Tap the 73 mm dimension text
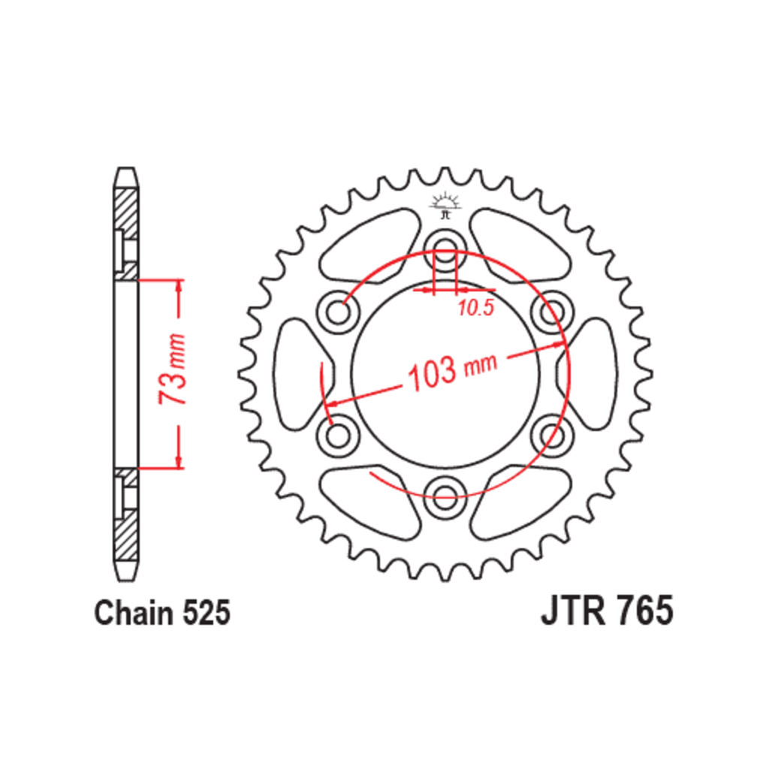(x=173, y=369)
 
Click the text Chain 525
(x=162, y=613)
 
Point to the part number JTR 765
(x=607, y=611)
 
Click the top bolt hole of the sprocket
(x=445, y=249)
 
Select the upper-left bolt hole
(x=338, y=312)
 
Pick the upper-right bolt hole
(x=552, y=312)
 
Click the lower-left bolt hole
(x=338, y=436)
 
